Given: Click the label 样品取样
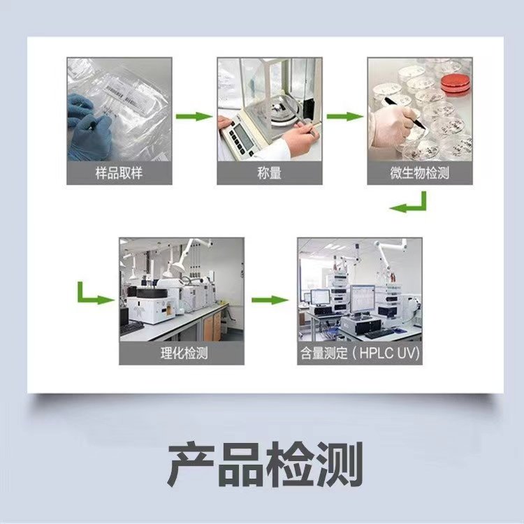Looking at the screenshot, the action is tap(119, 173).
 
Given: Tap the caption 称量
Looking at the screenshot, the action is tap(270, 173).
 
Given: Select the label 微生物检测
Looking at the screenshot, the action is tap(419, 173).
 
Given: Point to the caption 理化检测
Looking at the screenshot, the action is tap(184, 353).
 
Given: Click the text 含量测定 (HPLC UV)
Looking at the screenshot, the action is tap(360, 353).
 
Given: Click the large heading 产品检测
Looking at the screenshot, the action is tap(265, 464).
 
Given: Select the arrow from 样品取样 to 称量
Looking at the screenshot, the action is tap(194, 117).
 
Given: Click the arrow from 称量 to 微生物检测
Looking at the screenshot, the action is tap(345, 117).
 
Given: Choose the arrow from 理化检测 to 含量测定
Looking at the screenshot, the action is tap(270, 300).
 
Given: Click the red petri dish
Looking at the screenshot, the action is tap(455, 83).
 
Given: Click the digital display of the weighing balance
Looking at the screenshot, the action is tap(243, 136).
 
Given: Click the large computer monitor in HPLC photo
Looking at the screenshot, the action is tap(362, 299).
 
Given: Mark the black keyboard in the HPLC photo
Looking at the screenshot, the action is tap(379, 333).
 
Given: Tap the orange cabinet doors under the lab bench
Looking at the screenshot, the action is tap(212, 325).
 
